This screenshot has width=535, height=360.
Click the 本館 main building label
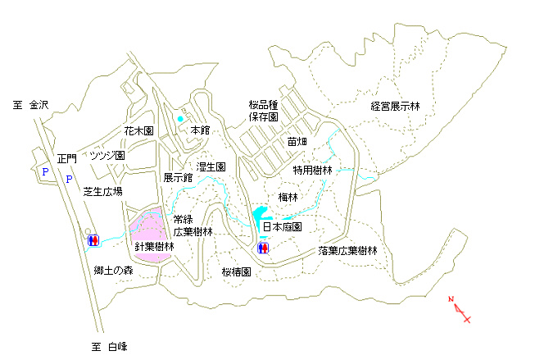click(200, 130)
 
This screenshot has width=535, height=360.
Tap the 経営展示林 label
click(395, 107)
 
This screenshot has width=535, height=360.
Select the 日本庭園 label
click(282, 227)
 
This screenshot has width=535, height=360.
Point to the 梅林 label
click(288, 197)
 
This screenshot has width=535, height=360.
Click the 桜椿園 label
click(237, 272)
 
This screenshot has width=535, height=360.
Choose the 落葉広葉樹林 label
click(347, 251)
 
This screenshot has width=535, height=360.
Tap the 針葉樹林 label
click(154, 246)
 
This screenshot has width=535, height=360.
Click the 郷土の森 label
click(113, 271)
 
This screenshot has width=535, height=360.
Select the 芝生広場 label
click(102, 192)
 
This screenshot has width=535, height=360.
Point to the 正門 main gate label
click(67, 159)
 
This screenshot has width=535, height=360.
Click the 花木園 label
click(138, 131)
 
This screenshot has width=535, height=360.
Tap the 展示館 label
click(178, 178)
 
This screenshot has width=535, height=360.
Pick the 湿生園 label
click(211, 167)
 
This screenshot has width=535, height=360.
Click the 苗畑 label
click(297, 141)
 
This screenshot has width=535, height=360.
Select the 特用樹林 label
click(312, 170)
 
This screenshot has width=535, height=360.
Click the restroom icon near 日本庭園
click(263, 248)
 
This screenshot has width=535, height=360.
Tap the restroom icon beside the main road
click(93, 240)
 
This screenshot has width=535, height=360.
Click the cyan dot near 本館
click(180, 119)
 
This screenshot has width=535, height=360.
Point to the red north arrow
click(460, 309)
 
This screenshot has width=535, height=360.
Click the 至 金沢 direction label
click(30, 105)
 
